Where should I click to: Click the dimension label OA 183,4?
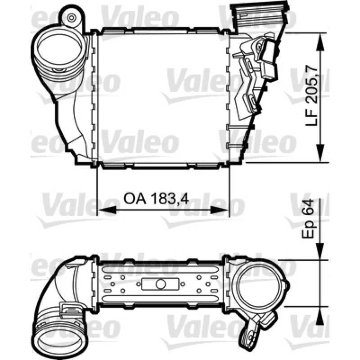click(x=156, y=199)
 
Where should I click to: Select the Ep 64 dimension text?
click(x=308, y=219)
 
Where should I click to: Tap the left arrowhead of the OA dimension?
click(x=107, y=210)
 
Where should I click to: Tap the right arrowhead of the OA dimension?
click(x=220, y=210)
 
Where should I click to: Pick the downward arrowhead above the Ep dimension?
click(x=319, y=251)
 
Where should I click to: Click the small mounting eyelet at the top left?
click(x=72, y=18)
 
